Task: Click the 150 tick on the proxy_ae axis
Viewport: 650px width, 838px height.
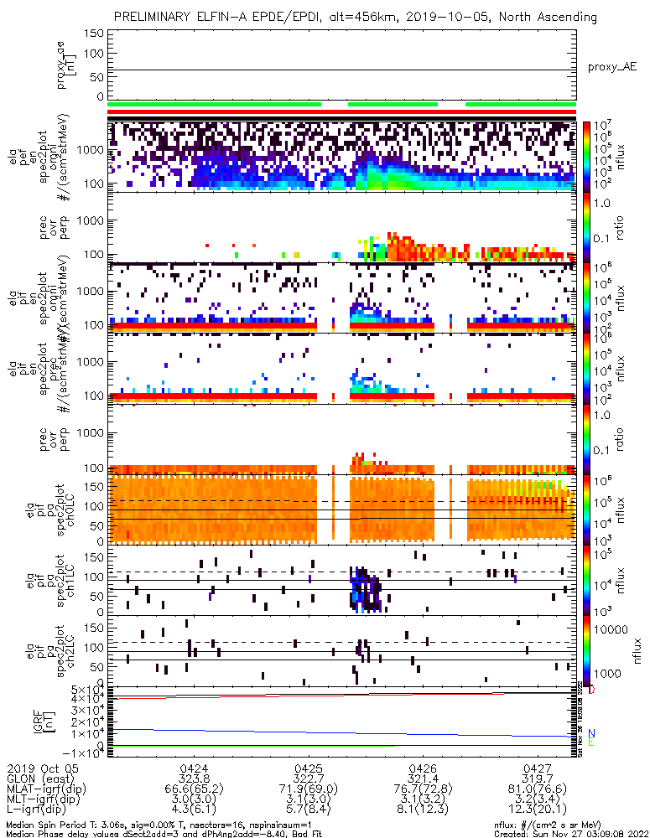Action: pyautogui.click(x=94, y=33)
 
